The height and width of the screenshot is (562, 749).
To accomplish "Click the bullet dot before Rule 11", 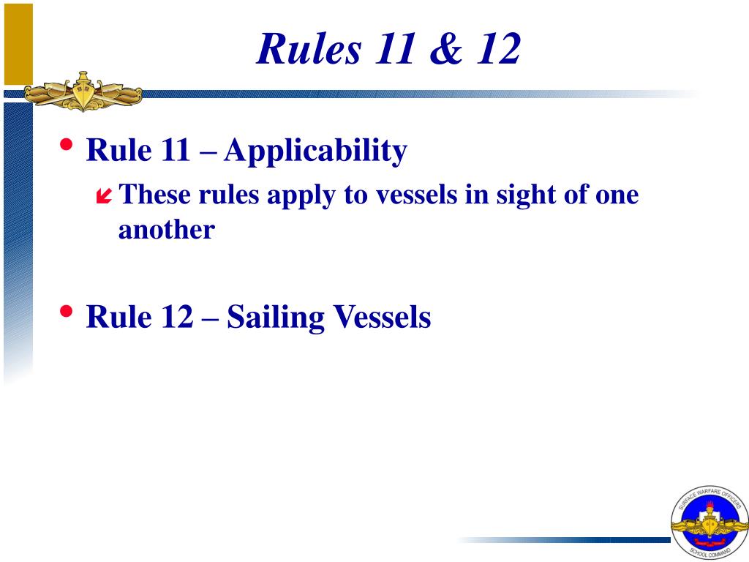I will click(x=67, y=145).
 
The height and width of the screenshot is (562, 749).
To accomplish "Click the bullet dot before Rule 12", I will click(x=67, y=311).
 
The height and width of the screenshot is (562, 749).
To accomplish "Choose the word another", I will click(x=167, y=230).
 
